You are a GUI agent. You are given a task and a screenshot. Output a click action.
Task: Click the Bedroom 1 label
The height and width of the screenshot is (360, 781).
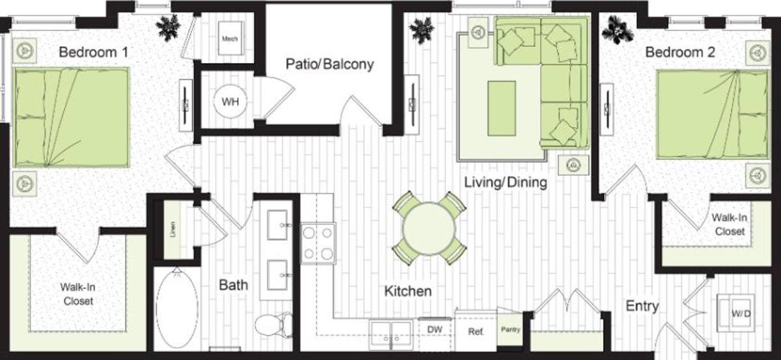pos(94,52)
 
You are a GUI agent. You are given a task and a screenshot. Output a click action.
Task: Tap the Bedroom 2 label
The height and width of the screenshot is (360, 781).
pos(680,52)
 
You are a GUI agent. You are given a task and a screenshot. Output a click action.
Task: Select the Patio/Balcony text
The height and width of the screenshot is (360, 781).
pos(329,64)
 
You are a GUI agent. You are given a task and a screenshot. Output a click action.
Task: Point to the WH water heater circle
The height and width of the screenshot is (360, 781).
pos(230,102)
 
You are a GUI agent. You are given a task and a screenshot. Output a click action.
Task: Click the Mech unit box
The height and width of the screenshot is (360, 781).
pos(230,38)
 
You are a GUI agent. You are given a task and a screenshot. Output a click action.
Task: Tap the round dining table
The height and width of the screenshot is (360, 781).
pos(429,228)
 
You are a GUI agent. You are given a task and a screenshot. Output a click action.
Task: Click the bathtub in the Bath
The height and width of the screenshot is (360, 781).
pos(177,308)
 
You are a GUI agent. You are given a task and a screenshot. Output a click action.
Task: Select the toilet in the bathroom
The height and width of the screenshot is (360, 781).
pos(274,325)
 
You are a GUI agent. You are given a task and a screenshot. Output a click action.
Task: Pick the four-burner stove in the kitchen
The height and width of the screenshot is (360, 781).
pos(318,243)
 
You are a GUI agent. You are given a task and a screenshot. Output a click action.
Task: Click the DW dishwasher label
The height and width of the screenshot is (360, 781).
pos(435,329)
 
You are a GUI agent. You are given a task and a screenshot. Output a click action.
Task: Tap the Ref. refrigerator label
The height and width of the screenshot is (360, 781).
pos(476,331)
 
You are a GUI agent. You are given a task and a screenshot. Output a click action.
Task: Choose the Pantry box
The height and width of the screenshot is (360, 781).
pos(510,329)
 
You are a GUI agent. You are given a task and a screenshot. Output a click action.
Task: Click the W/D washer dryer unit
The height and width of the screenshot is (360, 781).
pos(735,313)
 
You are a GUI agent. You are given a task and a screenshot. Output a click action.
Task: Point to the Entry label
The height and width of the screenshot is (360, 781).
pos(642,306)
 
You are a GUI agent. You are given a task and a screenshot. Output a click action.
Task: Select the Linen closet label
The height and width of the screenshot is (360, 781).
pos(173,230)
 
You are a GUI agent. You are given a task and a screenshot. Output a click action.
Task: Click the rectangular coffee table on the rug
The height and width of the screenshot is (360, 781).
pos(502,109)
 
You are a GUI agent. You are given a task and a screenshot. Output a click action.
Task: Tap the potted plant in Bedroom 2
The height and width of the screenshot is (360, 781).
pos(617,29)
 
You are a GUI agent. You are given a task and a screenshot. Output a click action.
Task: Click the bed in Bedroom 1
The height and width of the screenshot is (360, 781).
pos(72,117)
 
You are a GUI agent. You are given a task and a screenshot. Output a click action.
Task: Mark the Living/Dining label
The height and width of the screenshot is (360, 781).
pos(506,182)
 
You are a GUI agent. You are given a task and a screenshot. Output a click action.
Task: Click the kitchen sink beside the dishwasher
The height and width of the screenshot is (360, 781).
pos(391,334)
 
